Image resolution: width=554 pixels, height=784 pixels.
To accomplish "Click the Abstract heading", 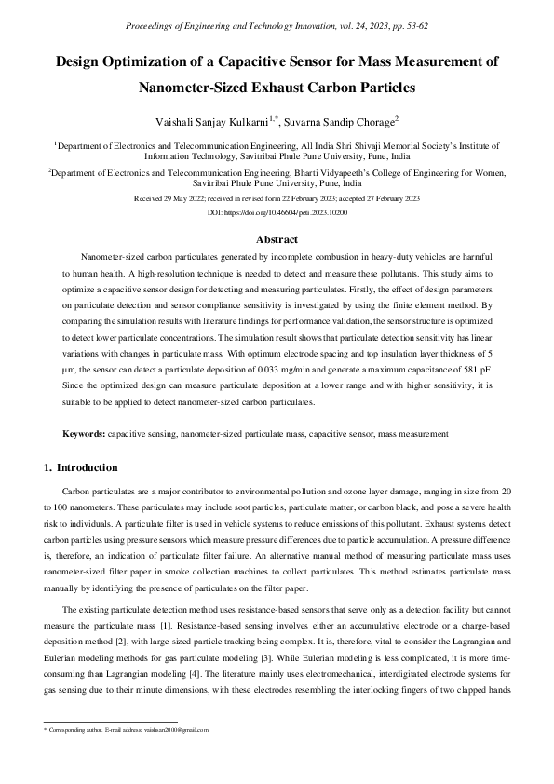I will pos(277,239).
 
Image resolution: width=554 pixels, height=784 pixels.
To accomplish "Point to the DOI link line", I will pos(277,212).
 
